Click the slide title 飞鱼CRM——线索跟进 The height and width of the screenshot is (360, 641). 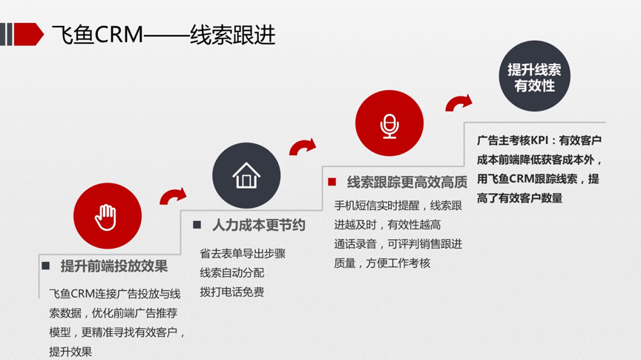coord(163,34)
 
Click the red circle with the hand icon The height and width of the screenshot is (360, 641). coord(108,215)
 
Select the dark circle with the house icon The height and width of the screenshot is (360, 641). coord(246,175)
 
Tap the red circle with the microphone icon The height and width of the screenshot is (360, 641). coord(389,123)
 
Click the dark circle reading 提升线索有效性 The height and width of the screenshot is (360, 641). coord(534,76)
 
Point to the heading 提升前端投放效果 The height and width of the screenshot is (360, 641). coord(114,266)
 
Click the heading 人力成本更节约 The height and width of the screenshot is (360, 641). coord(258,225)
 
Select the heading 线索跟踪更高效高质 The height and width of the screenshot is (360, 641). coord(407,182)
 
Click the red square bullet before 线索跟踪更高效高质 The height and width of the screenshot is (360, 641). coord(332,182)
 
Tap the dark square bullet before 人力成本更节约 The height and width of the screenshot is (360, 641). coord(197,225)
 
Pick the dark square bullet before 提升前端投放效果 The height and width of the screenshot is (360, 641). coord(46,266)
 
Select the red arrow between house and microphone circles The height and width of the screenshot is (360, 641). coord(303,146)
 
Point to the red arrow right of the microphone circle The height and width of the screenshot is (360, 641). coord(458,102)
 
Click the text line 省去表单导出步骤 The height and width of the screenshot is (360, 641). coord(243,254)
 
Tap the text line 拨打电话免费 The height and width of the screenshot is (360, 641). coord(231,292)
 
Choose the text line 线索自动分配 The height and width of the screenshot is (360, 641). coord(231,273)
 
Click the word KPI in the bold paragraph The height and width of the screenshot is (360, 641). coord(539,140)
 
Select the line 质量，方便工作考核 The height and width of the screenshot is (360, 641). coord(382,263)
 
